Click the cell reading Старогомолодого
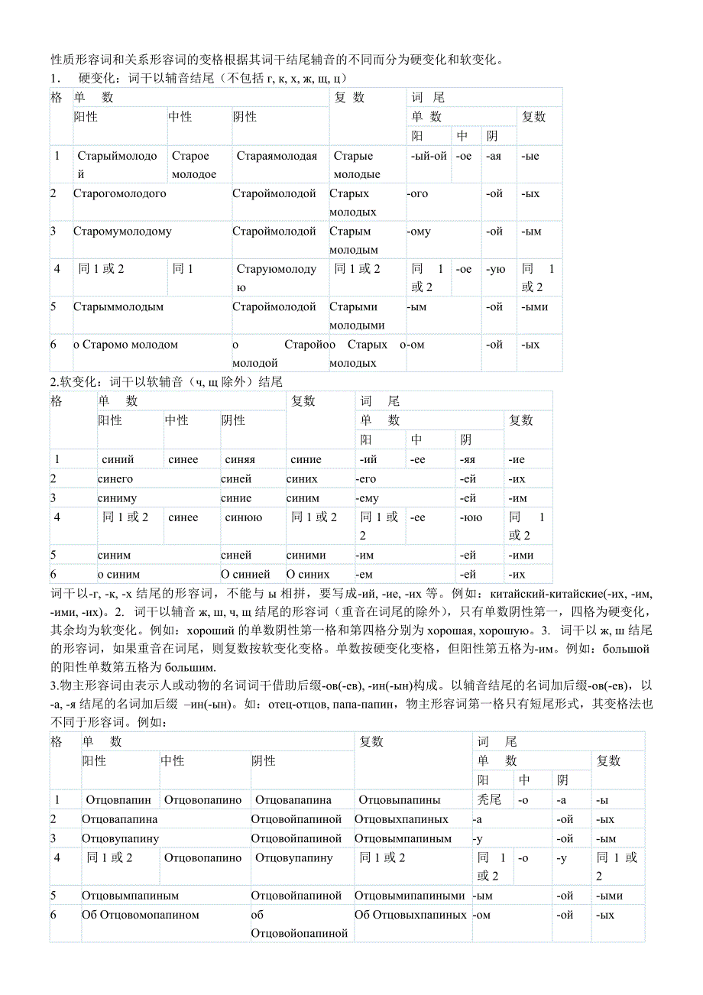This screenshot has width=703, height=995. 119,193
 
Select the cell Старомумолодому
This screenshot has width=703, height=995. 122,231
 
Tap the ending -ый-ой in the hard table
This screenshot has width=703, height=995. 429,156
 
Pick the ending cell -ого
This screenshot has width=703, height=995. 418,193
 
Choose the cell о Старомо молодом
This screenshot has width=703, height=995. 125,345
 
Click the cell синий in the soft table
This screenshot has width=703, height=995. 118,459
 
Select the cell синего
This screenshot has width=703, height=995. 115,478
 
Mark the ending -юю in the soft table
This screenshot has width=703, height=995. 471,517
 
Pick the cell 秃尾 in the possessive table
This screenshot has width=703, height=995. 489,800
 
